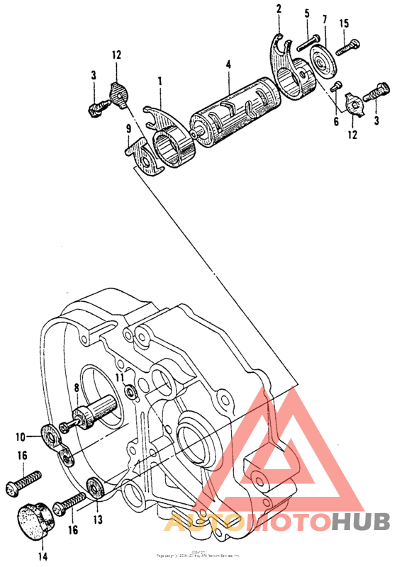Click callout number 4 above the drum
click(228, 64)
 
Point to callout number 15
click(343, 23)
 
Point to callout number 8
click(77, 387)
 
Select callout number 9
click(128, 129)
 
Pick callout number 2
click(279, 9)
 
